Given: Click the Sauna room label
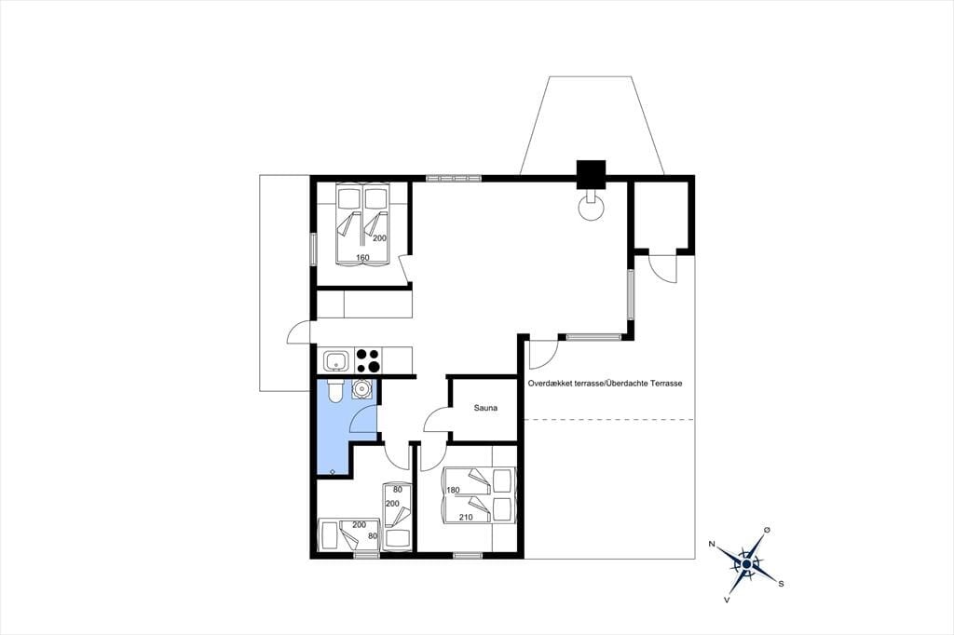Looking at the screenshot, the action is click(485, 408).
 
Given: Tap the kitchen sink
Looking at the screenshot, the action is click(335, 360).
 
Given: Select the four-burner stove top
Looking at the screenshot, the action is click(368, 360).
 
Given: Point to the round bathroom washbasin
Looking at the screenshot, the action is click(361, 388).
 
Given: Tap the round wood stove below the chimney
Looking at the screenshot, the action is click(591, 208).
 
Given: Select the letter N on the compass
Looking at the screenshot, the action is click(712, 544).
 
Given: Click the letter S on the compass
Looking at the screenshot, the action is click(781, 584).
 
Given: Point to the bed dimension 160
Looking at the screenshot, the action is click(362, 258).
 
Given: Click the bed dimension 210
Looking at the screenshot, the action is click(466, 518).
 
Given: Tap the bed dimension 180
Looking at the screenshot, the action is click(453, 491).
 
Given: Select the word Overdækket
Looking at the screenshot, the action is click(548, 384).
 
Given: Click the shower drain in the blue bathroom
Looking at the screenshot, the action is click(333, 471).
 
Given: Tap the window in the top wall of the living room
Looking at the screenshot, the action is click(454, 178).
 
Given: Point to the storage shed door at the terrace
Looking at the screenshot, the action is click(662, 267).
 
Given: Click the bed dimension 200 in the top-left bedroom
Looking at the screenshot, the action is click(380, 238).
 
